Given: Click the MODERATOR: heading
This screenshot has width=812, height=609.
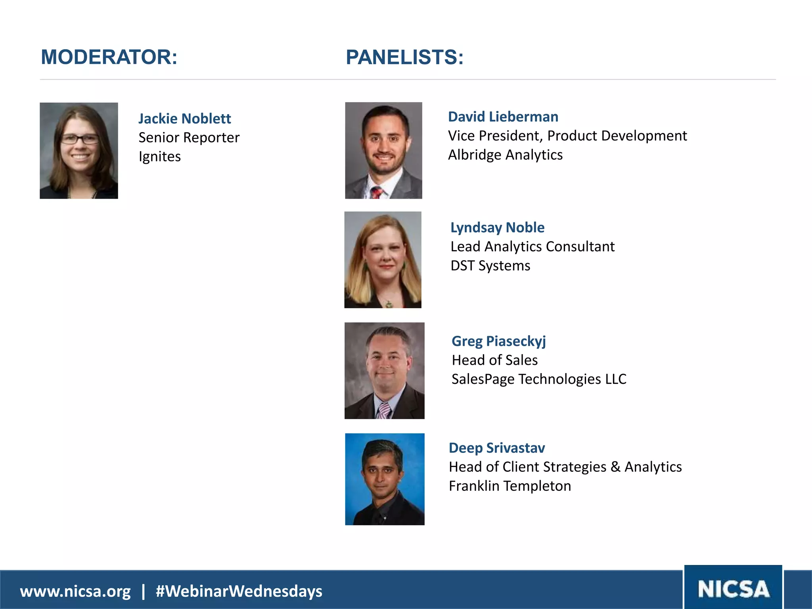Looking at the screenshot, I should coord(109,57).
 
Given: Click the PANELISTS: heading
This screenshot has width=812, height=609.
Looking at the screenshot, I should coord(404,57).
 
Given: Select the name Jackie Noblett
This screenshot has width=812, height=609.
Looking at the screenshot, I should coord(184,119).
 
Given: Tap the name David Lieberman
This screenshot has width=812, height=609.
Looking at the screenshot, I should coord(503,117).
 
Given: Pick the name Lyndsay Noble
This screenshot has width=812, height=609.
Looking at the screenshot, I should coord(497,227).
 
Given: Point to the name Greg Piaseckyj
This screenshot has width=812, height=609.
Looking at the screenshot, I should coord(498,341).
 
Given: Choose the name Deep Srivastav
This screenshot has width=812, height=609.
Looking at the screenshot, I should coord(496,448).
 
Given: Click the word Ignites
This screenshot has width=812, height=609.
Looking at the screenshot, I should coord(159,157).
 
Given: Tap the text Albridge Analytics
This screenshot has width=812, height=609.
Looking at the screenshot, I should coord(505,155).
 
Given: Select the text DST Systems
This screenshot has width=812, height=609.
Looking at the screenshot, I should coord(490,266).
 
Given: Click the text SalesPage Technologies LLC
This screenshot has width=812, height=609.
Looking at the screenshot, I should coord(539,379).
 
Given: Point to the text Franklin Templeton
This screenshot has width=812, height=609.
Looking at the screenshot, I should coord(509,486).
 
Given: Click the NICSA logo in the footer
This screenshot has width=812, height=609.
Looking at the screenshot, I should coord(733,589).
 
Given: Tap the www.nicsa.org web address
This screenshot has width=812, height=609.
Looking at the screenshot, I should coord(75,591).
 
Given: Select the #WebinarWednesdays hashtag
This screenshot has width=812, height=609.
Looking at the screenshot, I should coord(239,591).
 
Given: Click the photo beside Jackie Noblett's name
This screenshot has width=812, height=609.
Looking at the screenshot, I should coord(79,151).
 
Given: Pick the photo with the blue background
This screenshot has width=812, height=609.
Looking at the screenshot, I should coord(385,479).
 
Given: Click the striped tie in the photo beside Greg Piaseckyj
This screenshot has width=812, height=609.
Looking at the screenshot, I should coord(384,411).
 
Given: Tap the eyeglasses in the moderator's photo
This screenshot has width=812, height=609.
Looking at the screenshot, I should coord(79,139).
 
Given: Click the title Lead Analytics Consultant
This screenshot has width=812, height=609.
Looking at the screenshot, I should coord(532,247).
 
